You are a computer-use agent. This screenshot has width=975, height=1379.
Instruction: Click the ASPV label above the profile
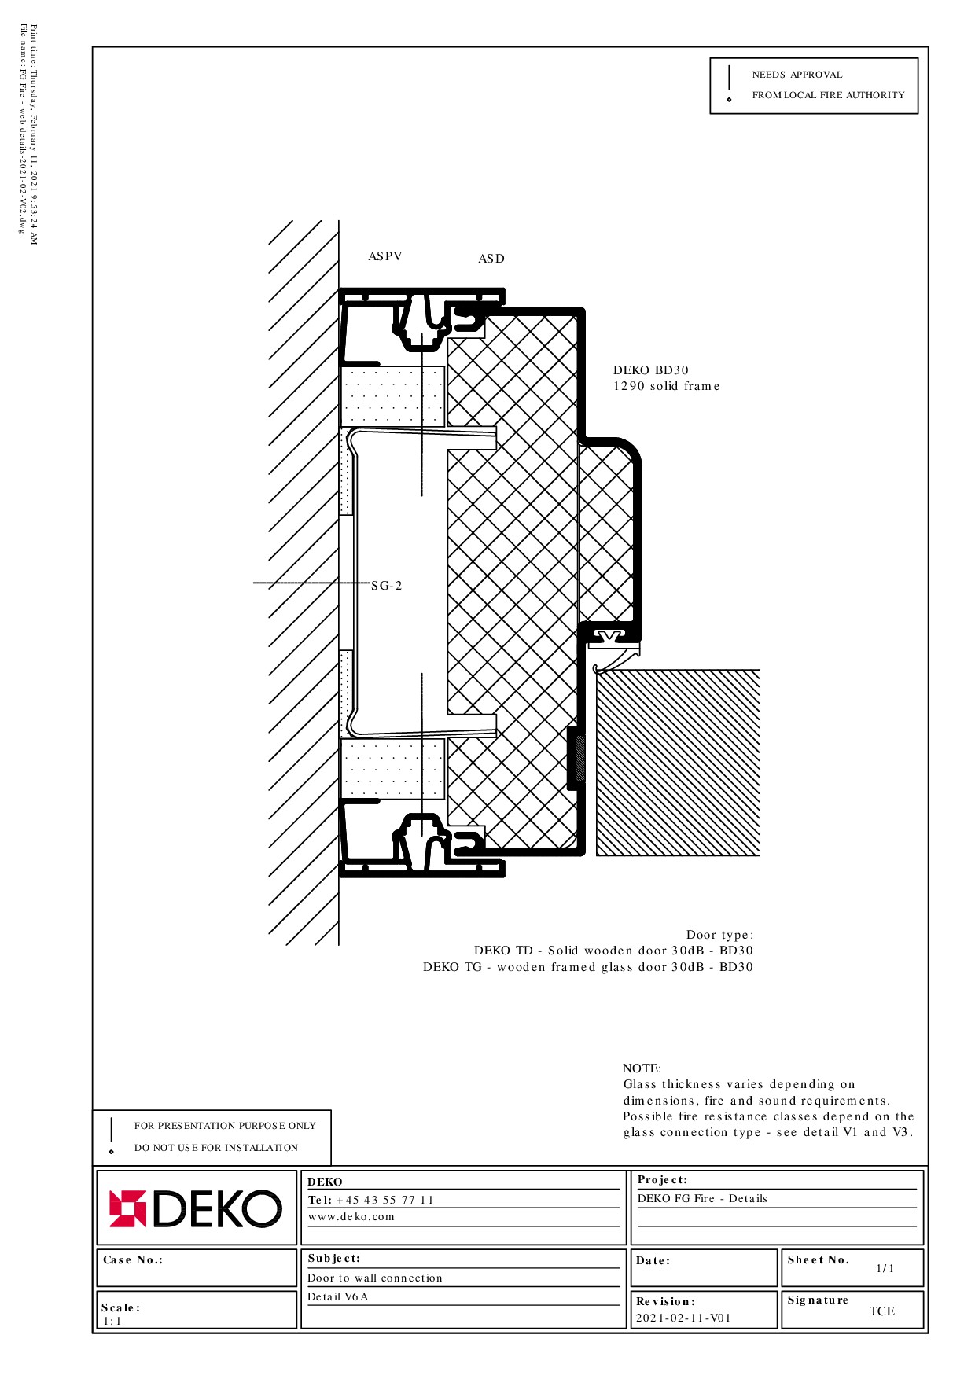click(385, 256)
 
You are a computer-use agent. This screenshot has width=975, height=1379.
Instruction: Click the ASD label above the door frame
click(491, 259)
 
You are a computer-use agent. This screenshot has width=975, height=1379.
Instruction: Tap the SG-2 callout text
click(387, 586)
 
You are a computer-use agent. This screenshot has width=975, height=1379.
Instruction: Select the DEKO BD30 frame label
click(651, 370)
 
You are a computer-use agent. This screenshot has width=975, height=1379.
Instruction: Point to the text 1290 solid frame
click(667, 386)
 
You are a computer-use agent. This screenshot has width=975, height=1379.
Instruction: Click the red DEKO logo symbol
click(127, 1208)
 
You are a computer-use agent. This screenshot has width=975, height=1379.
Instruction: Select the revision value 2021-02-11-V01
click(683, 1318)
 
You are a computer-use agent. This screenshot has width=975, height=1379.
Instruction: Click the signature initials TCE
click(882, 1311)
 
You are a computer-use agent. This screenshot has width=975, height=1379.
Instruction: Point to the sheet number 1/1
click(885, 1268)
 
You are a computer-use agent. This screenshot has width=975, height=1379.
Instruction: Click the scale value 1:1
click(112, 1321)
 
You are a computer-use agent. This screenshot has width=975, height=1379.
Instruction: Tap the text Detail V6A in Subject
click(338, 1296)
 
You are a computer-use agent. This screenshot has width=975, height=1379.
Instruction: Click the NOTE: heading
click(642, 1068)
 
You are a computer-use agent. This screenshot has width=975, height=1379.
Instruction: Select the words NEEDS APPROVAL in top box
click(797, 75)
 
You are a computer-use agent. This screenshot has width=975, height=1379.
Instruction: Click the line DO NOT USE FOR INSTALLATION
click(216, 1148)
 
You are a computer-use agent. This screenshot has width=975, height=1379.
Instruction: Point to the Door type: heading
click(719, 935)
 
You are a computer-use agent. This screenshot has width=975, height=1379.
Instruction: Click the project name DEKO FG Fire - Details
click(702, 1198)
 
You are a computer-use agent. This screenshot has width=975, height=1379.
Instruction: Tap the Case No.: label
click(133, 1259)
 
